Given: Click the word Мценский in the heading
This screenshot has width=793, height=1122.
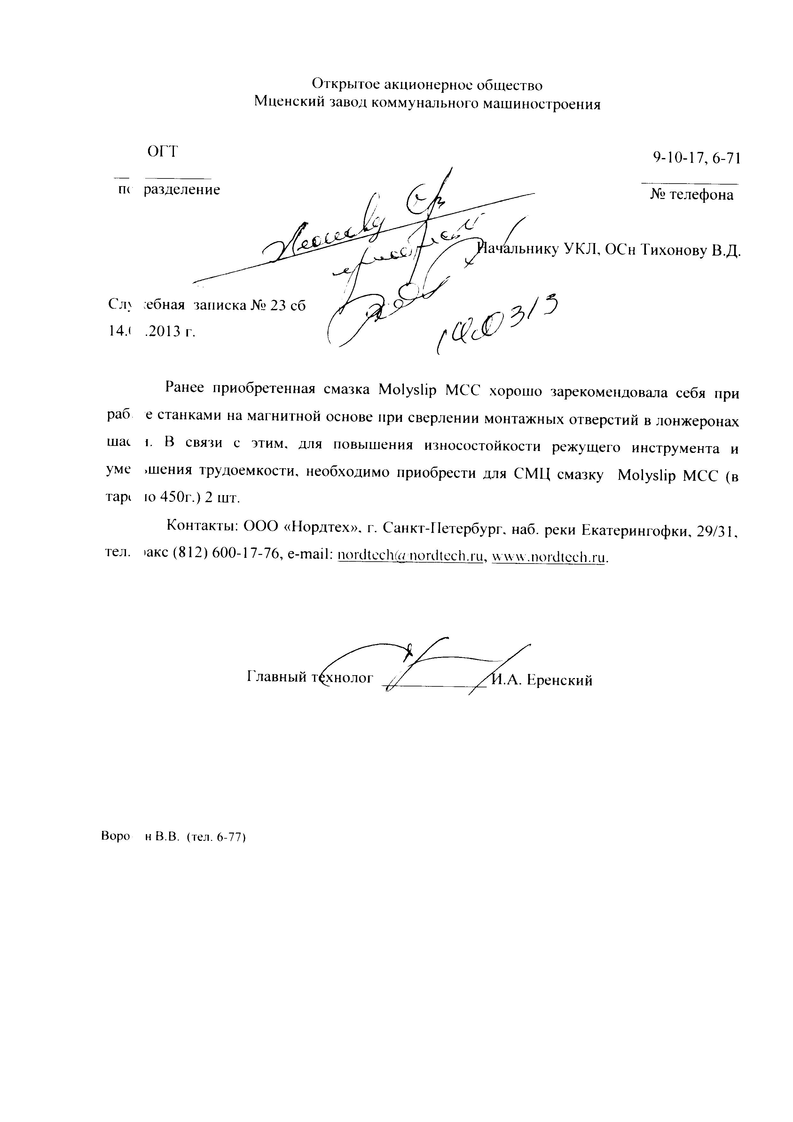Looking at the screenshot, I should coord(285,103).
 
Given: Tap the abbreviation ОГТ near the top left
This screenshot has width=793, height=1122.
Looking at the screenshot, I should coord(163,152).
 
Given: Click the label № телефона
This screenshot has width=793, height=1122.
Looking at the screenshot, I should coord(692,195).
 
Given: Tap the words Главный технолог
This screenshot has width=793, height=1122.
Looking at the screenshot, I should coord(311,678).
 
